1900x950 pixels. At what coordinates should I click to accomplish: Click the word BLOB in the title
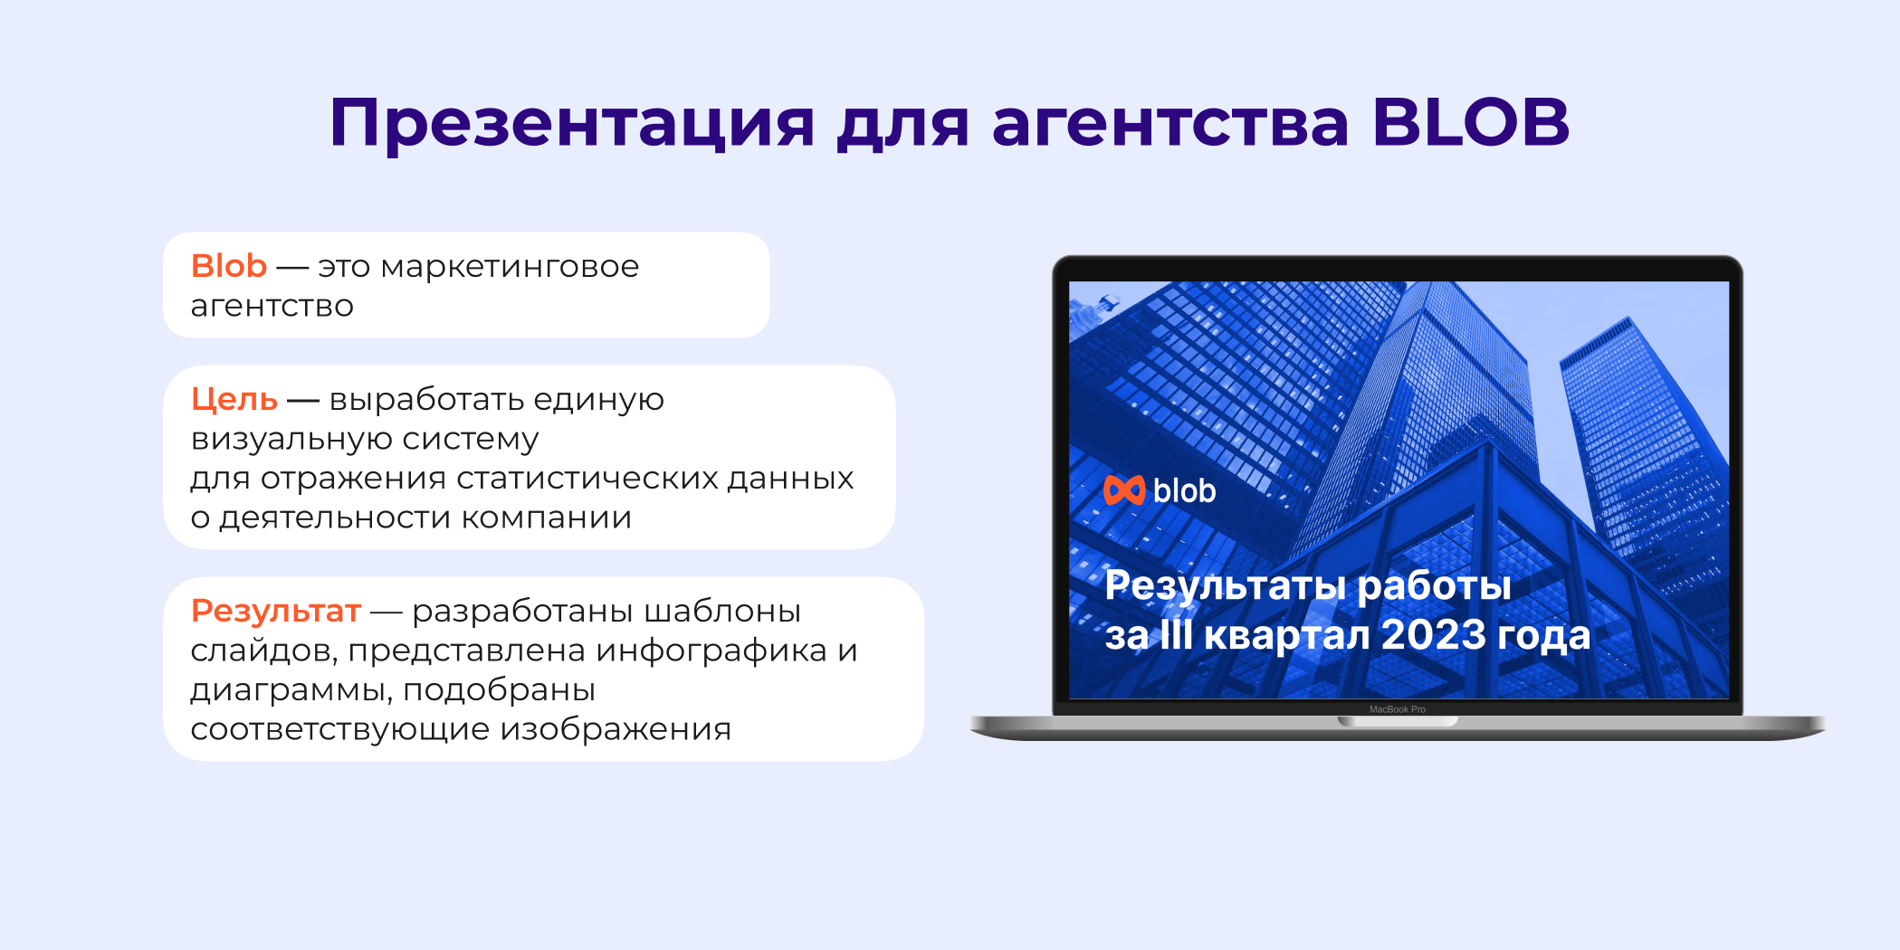(1470, 122)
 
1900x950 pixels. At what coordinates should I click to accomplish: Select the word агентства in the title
(1170, 124)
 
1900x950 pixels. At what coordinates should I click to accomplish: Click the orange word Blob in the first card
(228, 266)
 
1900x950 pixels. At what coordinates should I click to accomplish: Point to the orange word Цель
(234, 399)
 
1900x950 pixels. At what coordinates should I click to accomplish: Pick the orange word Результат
(275, 611)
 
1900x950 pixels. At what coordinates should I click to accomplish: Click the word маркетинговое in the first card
(510, 267)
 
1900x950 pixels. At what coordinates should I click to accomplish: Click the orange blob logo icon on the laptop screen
(1124, 490)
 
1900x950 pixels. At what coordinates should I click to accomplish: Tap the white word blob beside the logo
(1184, 491)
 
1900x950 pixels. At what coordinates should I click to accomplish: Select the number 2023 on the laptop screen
(1434, 635)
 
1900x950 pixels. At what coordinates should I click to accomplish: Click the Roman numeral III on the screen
(1176, 635)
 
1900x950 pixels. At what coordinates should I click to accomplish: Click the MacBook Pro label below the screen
(1397, 709)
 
